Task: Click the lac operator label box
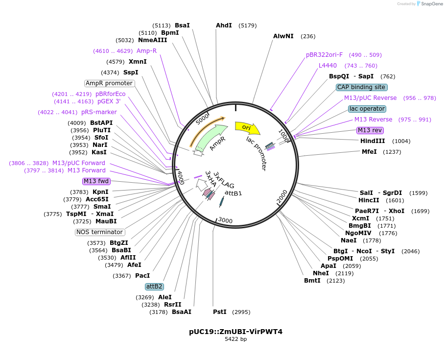[x=367, y=109]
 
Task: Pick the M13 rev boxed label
[x=370, y=130]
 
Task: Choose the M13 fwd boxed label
[x=96, y=181]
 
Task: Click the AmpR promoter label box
[x=109, y=83]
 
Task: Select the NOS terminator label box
[x=100, y=232]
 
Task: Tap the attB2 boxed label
[x=154, y=287]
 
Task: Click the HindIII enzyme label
[x=373, y=141]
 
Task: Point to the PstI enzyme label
[x=220, y=312]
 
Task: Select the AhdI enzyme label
[x=224, y=25]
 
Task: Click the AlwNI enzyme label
[x=283, y=36]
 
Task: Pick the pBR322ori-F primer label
[x=325, y=55]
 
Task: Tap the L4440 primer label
[x=328, y=66]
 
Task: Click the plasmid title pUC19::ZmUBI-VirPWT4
[x=235, y=332]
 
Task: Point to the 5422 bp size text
[x=235, y=339]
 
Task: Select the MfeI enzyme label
[x=369, y=152]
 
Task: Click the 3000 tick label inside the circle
[x=225, y=220]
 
